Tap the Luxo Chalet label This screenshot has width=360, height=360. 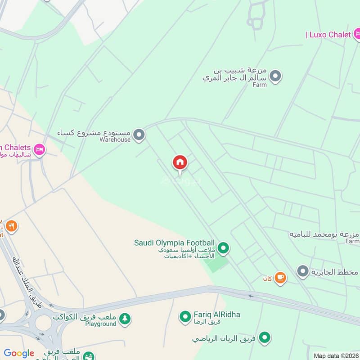click(x=328, y=35)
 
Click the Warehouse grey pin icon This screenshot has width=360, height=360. click(x=139, y=135)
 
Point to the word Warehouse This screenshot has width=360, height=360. click(x=116, y=139)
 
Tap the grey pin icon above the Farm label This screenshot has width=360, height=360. click(x=276, y=76)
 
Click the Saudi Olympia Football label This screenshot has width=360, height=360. click(x=174, y=243)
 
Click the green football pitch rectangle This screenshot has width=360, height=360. click(x=216, y=264)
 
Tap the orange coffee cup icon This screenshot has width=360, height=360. click(x=280, y=278)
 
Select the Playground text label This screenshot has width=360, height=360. click(x=101, y=324)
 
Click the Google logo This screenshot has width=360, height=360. click(x=18, y=353)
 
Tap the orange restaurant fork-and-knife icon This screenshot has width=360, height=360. click(x=12, y=226)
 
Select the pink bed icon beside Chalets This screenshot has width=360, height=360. click(x=40, y=149)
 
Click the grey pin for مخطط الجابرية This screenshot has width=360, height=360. click(x=303, y=271)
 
